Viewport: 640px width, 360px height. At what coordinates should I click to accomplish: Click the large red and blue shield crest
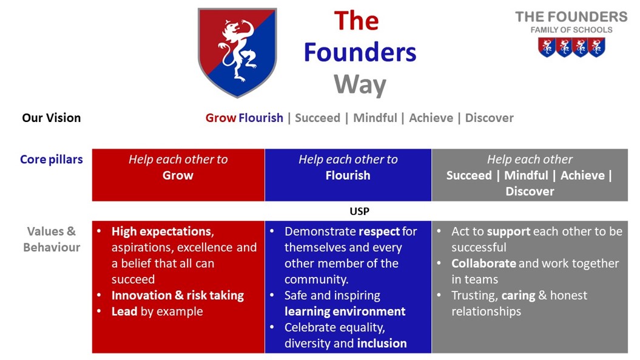pos(237,52)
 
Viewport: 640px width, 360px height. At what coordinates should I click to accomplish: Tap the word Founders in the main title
pos(360,53)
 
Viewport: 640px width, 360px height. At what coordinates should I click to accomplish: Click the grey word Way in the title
pos(360,84)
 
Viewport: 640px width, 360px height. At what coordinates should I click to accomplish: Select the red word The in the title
pos(356,21)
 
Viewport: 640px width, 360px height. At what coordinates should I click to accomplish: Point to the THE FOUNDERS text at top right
pos(571,17)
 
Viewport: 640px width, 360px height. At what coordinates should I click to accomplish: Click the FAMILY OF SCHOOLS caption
pos(571,30)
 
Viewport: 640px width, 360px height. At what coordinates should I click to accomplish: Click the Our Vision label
pos(52,118)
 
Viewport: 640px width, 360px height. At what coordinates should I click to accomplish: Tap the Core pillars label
pos(52,160)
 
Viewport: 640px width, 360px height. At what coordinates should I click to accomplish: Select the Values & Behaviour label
pos(52,239)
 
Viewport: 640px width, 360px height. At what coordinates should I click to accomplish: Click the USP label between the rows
pos(360,211)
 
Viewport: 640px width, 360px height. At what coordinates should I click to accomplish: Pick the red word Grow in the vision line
pos(221,118)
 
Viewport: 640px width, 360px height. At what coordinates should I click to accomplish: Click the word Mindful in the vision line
pos(375,118)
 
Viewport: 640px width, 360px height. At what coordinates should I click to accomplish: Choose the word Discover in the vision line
pos(490,118)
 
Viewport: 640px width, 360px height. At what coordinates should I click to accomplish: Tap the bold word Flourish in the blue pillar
pos(348,175)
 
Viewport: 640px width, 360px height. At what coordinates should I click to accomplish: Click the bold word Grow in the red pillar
pos(178,175)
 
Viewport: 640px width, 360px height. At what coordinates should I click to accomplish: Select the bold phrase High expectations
pos(161,231)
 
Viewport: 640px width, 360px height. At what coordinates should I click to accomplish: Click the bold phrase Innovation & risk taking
pos(178,296)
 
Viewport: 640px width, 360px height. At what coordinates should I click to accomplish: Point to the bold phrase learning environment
pos(345,311)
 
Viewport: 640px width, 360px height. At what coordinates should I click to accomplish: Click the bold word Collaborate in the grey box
pos(483,263)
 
